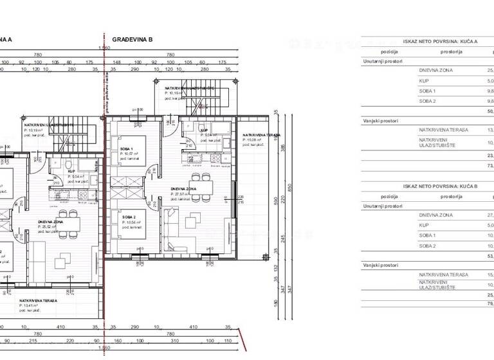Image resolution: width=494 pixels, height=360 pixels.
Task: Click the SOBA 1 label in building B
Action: point(127,149)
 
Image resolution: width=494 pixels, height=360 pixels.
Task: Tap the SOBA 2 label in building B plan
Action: point(128,217)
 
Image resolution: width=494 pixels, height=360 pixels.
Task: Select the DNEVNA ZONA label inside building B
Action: point(179,189)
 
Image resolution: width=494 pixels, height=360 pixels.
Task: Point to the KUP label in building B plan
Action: point(205,130)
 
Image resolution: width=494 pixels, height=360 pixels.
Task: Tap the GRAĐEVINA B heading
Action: point(132,39)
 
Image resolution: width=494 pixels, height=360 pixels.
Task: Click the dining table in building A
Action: point(67,223)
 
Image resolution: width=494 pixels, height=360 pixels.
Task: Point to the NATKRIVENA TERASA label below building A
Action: point(39,300)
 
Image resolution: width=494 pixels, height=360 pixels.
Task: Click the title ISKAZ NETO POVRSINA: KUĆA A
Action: point(428,39)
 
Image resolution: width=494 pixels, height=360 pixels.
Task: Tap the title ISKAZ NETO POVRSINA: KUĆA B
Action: point(428,186)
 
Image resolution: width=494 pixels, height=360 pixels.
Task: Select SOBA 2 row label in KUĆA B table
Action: point(428,246)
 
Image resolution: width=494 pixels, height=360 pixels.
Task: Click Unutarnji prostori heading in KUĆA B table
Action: point(383,206)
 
